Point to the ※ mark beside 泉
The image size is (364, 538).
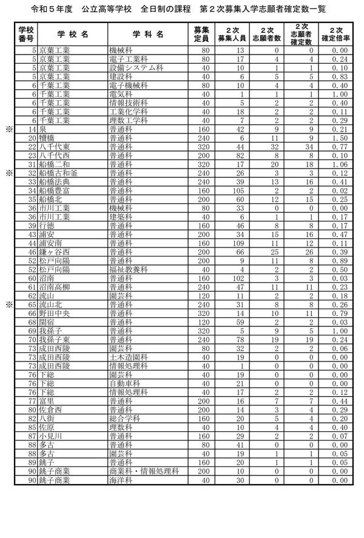click(9, 129)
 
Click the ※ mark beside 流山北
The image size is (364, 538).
click(9, 304)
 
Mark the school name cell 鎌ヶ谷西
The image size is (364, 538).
click(55, 252)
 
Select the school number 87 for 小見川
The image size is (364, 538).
click(30, 436)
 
